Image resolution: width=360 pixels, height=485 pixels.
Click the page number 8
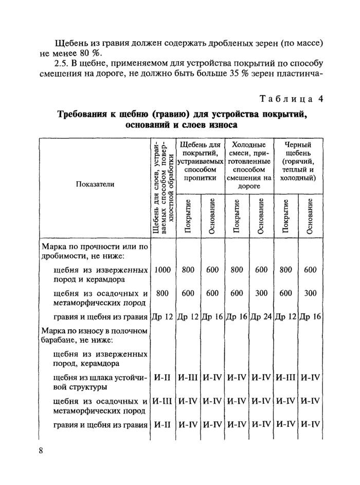pyautogui.click(x=41, y=451)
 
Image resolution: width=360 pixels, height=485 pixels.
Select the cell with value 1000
pyautogui.click(x=163, y=270)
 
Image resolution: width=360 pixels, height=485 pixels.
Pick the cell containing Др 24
pyautogui.click(x=262, y=316)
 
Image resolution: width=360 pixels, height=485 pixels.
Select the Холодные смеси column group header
pyautogui.click(x=249, y=165)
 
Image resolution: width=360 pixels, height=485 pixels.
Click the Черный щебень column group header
pyautogui.click(x=298, y=161)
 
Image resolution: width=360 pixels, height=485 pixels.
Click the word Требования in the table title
pyautogui.click(x=86, y=114)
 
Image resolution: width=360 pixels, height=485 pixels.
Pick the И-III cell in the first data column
pyautogui.click(x=163, y=401)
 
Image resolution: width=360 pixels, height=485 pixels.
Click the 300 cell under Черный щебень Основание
pyautogui.click(x=310, y=293)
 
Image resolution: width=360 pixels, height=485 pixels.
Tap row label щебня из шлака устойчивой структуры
pyautogui.click(x=100, y=382)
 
